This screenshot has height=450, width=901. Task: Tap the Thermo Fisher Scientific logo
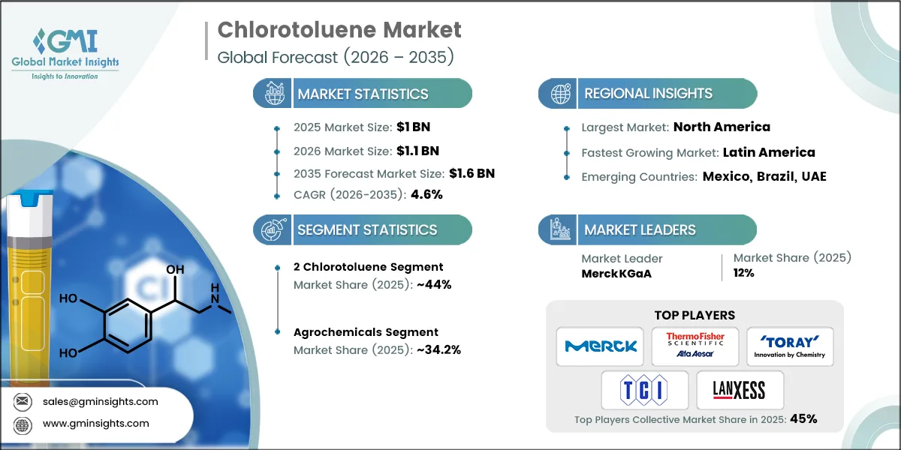click(x=695, y=346)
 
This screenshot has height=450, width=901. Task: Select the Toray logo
click(x=789, y=345)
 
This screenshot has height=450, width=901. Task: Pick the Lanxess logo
click(x=740, y=390)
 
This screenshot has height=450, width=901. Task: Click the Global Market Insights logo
click(x=65, y=52)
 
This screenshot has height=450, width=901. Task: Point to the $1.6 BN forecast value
click(x=472, y=173)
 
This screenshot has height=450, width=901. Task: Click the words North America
click(x=722, y=127)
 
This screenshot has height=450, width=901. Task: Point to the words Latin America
click(x=768, y=152)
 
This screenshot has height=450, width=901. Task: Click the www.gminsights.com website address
click(x=95, y=423)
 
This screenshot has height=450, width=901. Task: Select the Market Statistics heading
click(x=363, y=94)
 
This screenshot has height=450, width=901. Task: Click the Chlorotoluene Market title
click(x=339, y=30)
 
